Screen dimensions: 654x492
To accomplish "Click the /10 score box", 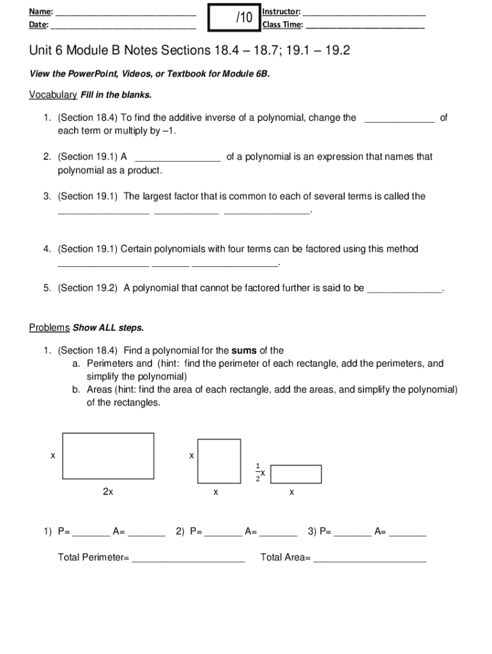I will click(x=234, y=18).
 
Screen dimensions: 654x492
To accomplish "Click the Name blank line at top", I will click(x=125, y=13).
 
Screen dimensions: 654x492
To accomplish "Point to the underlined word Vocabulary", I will click(x=53, y=95).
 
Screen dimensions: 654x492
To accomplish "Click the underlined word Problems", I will click(x=49, y=328).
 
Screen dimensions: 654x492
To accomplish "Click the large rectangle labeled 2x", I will click(x=108, y=455).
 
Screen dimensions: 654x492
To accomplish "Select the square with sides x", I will click(x=219, y=460).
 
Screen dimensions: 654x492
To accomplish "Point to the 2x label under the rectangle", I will click(x=108, y=492).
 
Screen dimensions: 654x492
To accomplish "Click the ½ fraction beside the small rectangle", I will click(x=258, y=471).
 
